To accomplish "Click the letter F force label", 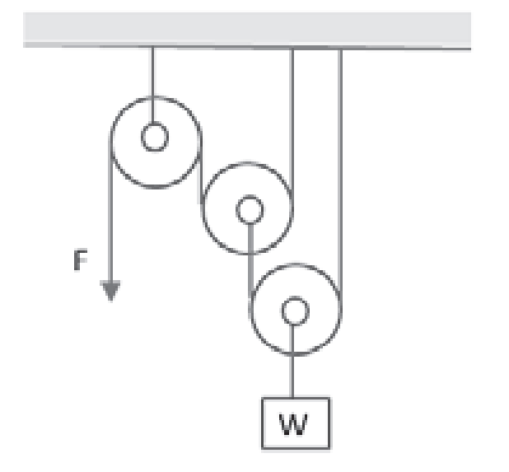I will pyautogui.click(x=80, y=263).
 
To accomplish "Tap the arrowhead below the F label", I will pyautogui.click(x=111, y=291).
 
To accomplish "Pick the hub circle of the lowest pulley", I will pyautogui.click(x=294, y=311).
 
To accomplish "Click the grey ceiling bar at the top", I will pyautogui.click(x=247, y=31).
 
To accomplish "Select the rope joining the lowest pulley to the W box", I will pyautogui.click(x=294, y=376).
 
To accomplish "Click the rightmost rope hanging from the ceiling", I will pyautogui.click(x=340, y=165).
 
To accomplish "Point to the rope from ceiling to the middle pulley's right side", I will pyautogui.click(x=292, y=124).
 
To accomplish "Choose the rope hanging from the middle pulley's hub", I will pyautogui.click(x=249, y=255).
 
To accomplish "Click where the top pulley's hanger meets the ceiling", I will pyautogui.click(x=152, y=48).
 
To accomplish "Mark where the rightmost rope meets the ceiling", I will pyautogui.click(x=340, y=48).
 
